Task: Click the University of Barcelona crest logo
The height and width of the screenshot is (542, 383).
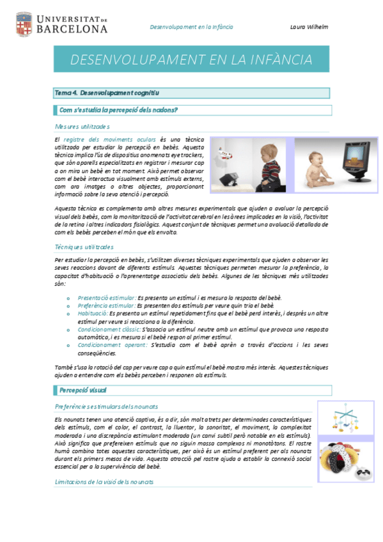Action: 24,24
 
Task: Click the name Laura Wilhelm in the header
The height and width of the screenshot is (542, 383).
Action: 309,27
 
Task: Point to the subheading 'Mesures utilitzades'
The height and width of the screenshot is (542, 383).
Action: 82,126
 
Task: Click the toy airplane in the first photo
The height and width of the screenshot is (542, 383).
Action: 224,153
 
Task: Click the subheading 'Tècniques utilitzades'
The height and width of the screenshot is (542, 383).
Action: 84,247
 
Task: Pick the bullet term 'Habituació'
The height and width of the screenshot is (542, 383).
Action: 93,314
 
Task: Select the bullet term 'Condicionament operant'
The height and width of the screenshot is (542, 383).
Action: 113,345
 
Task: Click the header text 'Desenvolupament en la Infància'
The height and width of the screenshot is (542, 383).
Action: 191,27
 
